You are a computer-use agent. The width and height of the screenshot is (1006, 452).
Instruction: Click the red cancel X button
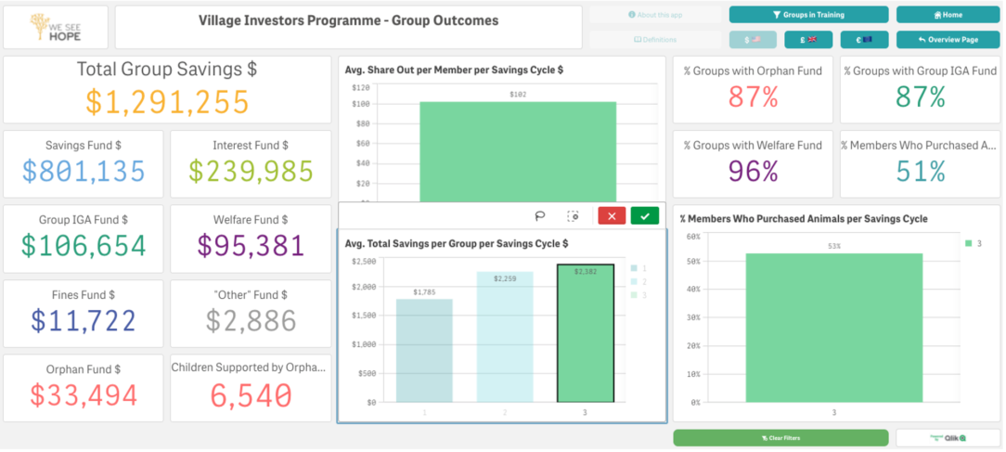click(612, 216)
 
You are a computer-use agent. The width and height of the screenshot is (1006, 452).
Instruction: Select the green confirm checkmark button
click(645, 216)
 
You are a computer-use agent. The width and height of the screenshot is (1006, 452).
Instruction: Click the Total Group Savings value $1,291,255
click(168, 101)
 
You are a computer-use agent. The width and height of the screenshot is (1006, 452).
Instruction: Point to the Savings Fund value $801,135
click(84, 171)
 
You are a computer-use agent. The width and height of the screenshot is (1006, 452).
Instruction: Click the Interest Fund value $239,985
click(251, 171)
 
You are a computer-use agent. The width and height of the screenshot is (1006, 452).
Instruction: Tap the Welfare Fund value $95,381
click(251, 245)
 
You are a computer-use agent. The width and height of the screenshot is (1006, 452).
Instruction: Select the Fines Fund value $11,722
click(84, 320)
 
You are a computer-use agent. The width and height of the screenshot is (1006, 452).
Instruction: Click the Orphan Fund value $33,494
click(84, 394)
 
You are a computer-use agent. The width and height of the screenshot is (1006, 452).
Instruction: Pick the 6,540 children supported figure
click(251, 394)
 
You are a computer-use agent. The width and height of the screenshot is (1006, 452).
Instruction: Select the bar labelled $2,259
click(505, 337)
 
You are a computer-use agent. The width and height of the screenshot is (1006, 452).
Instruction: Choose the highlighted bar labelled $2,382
click(586, 333)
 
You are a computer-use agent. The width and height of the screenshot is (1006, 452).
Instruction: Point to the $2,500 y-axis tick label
click(364, 262)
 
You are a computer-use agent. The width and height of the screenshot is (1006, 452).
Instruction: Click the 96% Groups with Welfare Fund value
click(753, 171)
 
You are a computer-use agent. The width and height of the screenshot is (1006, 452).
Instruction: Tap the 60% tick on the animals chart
click(692, 237)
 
